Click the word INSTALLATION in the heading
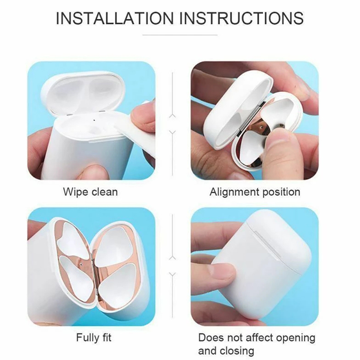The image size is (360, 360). tap(115, 18)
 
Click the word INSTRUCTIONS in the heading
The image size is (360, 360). tap(241, 18)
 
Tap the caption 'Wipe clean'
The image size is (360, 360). tap(90, 192)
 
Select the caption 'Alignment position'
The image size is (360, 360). tap(255, 192)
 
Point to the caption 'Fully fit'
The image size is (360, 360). tap(94, 338)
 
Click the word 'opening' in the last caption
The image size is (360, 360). tap(296, 338)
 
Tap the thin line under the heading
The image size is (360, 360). tap(180, 35)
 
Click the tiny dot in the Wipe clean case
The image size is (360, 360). tap(94, 119)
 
